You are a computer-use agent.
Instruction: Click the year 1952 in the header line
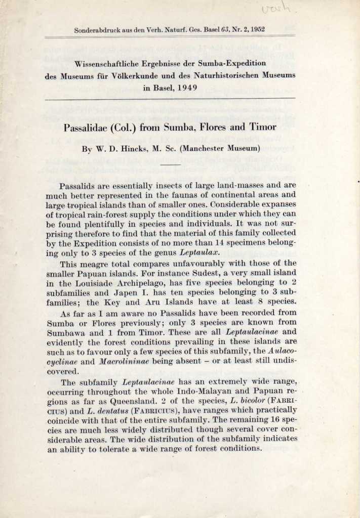click(255, 30)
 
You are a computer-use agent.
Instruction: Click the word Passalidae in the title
click(88, 127)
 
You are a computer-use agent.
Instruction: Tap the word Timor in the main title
click(263, 127)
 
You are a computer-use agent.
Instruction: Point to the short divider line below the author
click(173, 164)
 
